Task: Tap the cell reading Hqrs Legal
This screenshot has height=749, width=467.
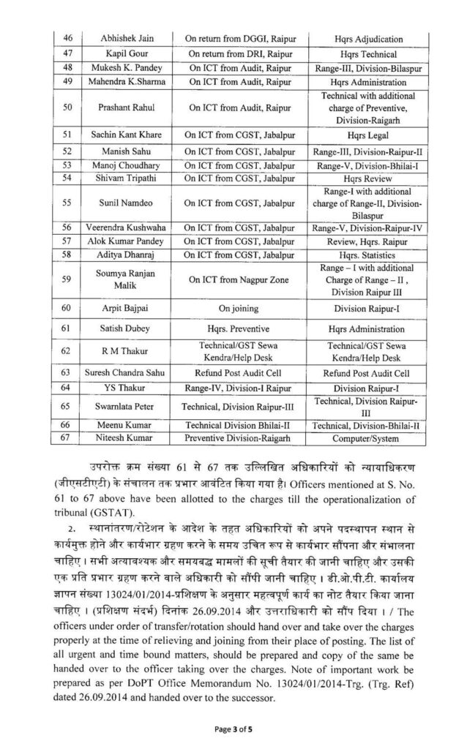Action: coord(363,135)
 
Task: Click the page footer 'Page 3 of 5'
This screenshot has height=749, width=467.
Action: coord(233,729)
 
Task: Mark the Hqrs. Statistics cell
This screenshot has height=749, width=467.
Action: coord(363,255)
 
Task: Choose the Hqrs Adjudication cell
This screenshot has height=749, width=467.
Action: coord(363,38)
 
